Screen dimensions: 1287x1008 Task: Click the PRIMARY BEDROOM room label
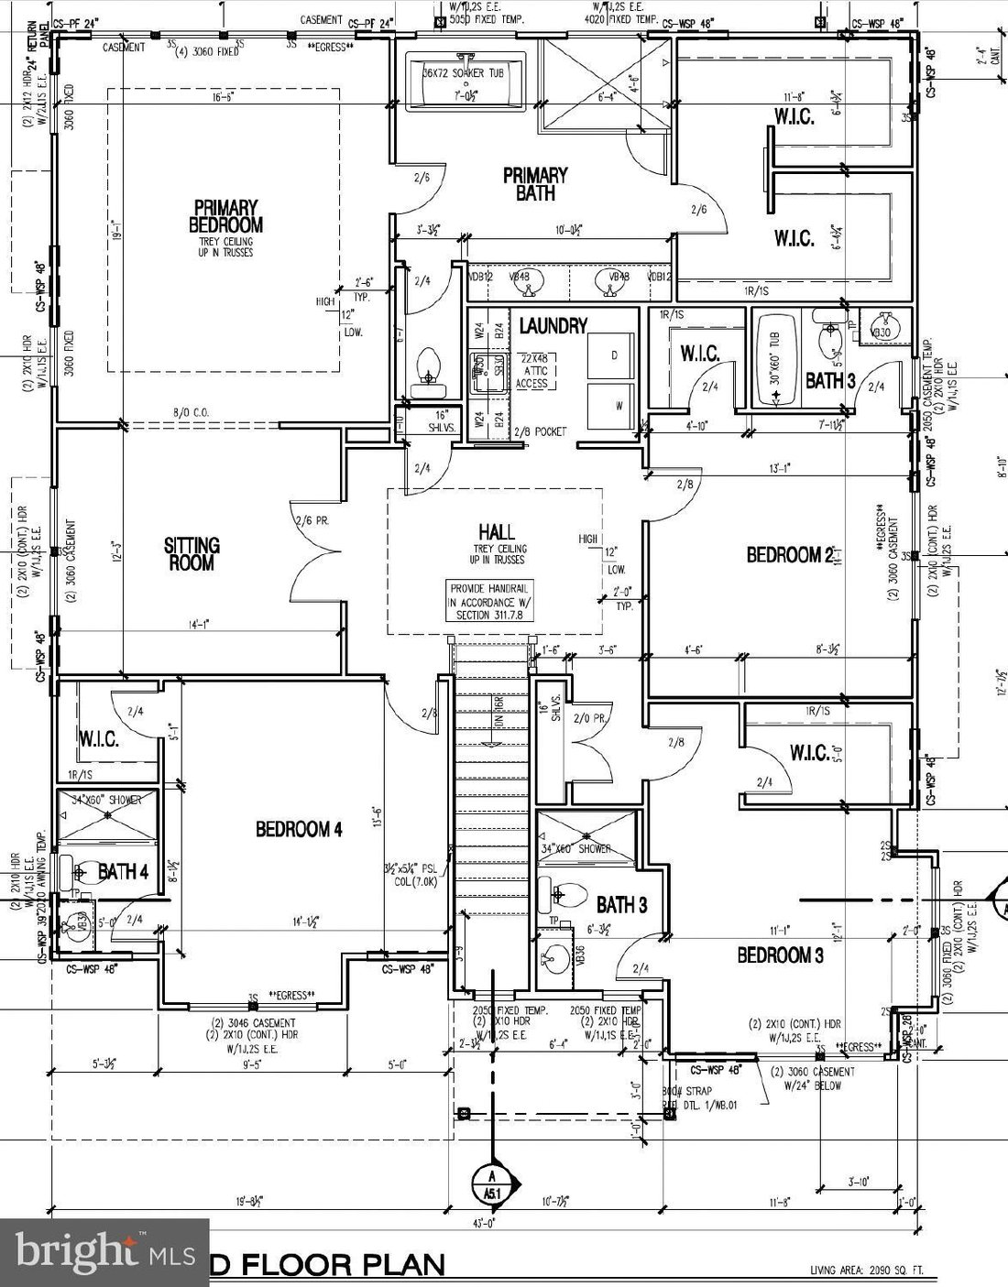click(225, 216)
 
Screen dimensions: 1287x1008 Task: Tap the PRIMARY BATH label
click(535, 183)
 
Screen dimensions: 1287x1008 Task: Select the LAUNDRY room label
click(553, 325)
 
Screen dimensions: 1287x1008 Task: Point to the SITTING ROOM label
click(192, 553)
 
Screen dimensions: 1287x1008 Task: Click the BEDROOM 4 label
click(299, 829)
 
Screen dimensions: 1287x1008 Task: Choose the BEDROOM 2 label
click(789, 554)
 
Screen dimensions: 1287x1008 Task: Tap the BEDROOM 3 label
click(780, 955)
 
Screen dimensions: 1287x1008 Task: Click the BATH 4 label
click(123, 871)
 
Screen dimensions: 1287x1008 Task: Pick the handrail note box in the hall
click(490, 602)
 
